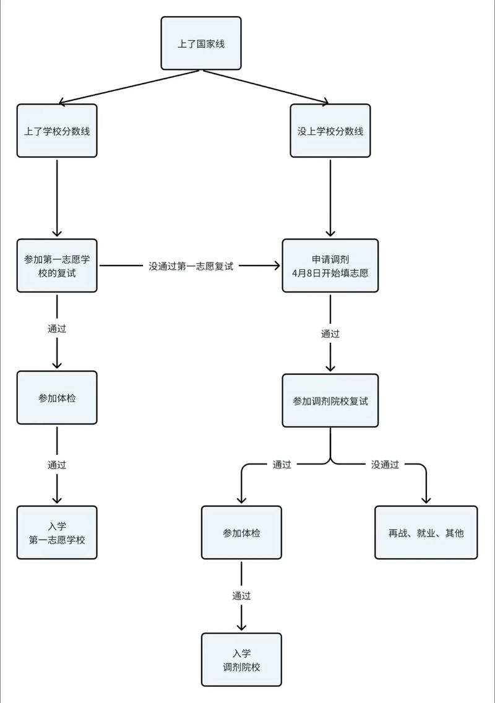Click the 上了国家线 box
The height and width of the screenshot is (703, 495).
(x=201, y=43)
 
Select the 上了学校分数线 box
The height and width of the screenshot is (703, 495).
(x=57, y=131)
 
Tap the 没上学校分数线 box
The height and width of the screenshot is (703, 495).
(x=330, y=131)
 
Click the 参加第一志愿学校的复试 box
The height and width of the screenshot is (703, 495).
(x=57, y=265)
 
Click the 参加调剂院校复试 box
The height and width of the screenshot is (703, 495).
(x=330, y=400)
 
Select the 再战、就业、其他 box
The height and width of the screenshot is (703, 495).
(x=426, y=533)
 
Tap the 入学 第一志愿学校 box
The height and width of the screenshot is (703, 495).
(x=57, y=533)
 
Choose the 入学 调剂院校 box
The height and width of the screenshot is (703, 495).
(x=241, y=660)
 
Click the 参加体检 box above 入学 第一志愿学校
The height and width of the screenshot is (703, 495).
(x=57, y=398)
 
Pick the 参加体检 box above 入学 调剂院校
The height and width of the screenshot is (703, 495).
(x=241, y=533)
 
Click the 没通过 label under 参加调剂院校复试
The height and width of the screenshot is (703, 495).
(x=385, y=464)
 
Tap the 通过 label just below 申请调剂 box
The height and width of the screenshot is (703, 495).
(x=330, y=334)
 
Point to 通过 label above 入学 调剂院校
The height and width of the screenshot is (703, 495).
(x=241, y=596)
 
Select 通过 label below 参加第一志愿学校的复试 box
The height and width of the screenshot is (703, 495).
(x=57, y=329)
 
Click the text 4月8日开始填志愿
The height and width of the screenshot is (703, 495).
(x=330, y=272)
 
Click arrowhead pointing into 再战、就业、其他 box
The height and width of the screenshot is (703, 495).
(x=426, y=501)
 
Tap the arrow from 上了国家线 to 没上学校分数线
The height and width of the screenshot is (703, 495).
(x=266, y=86)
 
